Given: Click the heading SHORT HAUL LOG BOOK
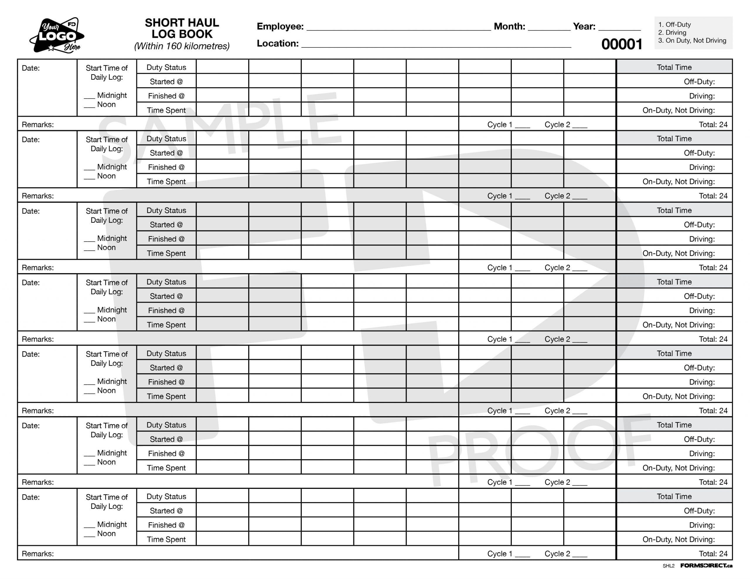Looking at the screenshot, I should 182,28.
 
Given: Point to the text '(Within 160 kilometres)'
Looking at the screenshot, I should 182,46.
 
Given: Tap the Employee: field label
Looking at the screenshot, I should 280,26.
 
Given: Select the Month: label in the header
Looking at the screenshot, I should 509,26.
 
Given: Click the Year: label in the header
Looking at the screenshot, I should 584,26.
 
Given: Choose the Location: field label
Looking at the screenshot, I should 277,44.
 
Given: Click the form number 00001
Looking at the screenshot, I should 622,44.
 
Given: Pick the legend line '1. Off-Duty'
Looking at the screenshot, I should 674,25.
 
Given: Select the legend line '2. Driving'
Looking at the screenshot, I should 672,32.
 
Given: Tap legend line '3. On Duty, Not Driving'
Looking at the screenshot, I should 692,40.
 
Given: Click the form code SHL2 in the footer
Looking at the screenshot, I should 668,566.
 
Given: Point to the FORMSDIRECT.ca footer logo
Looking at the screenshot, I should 706,566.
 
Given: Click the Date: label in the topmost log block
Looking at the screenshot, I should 30,68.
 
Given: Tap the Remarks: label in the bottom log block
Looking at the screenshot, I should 38,554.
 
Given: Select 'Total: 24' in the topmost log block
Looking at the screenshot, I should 713,125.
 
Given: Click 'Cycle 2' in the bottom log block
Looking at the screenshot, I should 557,554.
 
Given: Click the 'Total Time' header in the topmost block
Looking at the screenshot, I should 674,67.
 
